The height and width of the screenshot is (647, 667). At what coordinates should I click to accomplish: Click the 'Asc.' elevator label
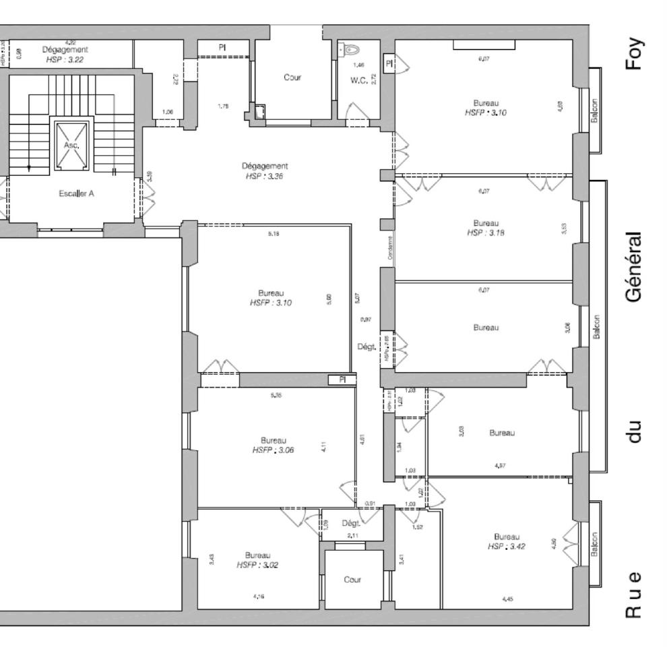[x=71, y=144]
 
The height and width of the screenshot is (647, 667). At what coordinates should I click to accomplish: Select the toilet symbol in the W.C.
[x=348, y=49]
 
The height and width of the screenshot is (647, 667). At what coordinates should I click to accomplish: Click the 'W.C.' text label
[x=358, y=80]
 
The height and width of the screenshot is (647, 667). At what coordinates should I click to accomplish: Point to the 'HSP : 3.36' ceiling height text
[x=265, y=175]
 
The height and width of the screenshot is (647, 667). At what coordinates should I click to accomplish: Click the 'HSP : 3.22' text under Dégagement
[x=65, y=59]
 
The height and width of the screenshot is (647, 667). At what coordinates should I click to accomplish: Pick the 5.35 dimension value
[x=276, y=396]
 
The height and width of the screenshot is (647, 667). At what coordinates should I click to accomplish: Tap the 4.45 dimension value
[x=507, y=598]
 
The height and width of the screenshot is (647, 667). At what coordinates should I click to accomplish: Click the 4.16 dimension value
[x=258, y=596]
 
